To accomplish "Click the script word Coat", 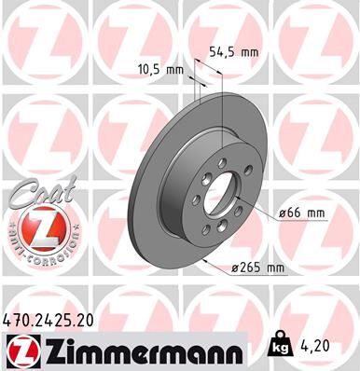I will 35,190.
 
